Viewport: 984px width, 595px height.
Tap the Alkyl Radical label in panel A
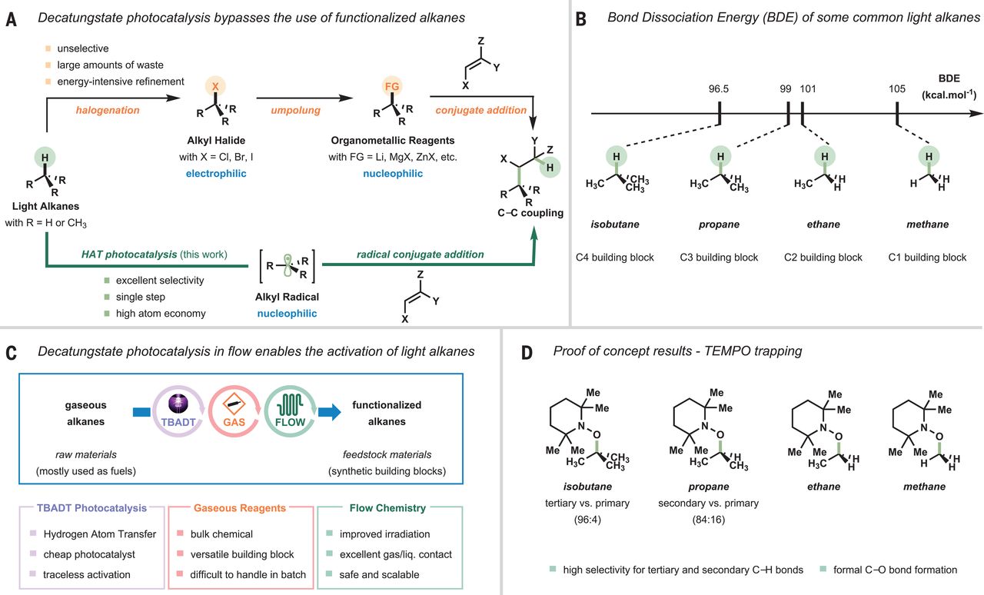(287, 297)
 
